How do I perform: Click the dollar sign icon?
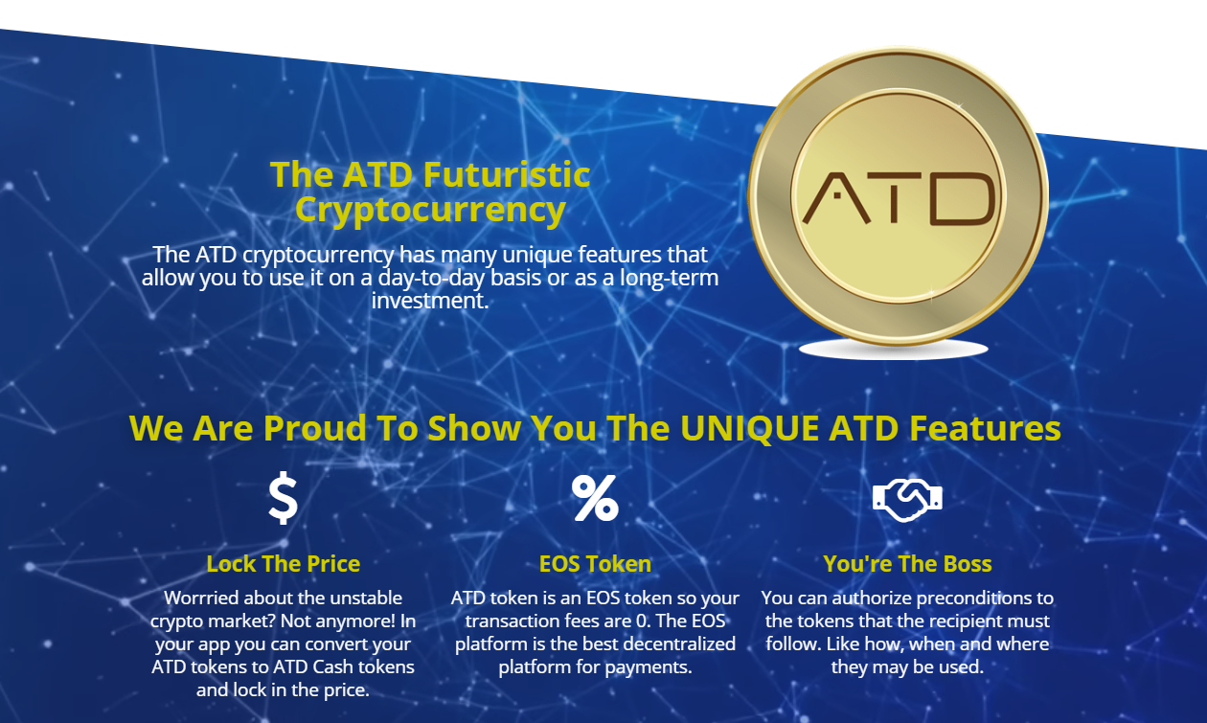283,499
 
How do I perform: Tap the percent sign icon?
595,498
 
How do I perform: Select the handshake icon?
907,499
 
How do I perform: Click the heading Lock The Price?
284,564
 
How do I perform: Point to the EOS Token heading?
595,564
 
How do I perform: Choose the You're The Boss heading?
907,564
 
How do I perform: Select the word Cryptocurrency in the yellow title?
430,209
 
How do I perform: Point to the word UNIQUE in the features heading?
749,428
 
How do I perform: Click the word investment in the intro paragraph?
430,300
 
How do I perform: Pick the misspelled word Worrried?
206,599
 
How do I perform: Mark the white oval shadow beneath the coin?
893,350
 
